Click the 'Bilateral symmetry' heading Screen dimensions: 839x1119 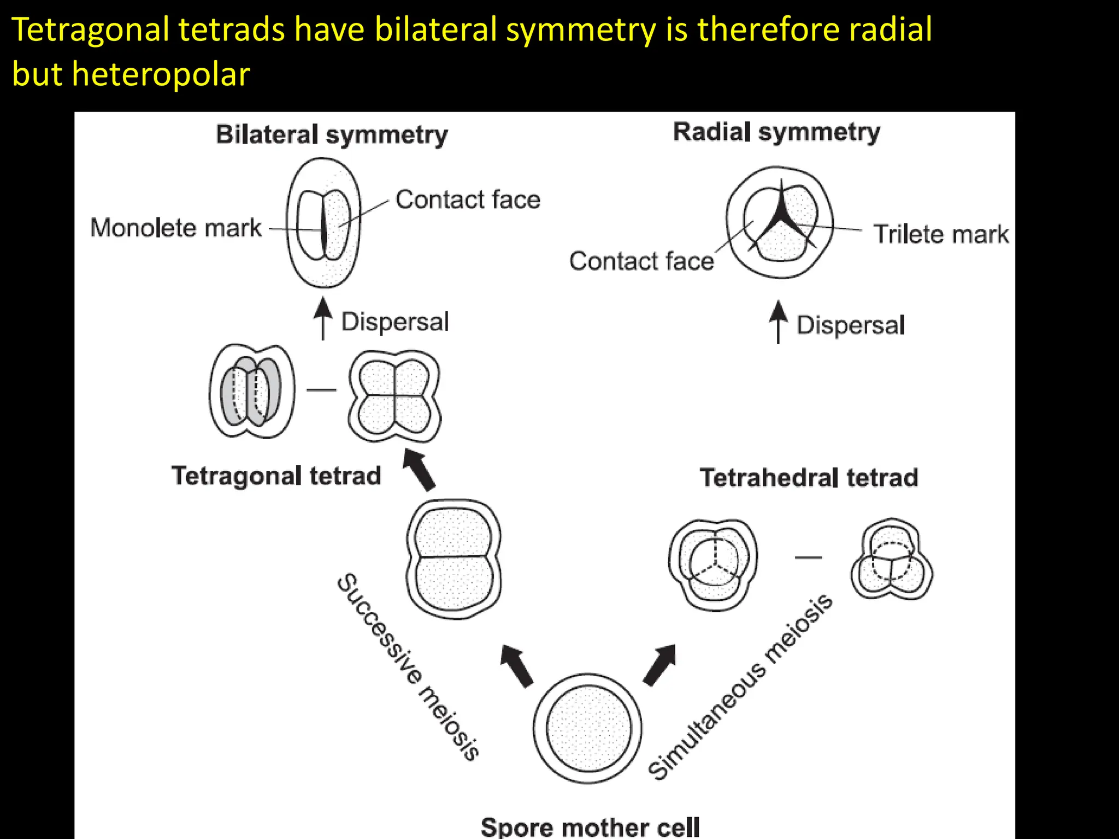(x=332, y=135)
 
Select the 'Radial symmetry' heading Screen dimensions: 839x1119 (x=776, y=132)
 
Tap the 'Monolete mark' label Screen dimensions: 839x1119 (x=176, y=228)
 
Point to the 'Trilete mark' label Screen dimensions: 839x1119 (x=941, y=234)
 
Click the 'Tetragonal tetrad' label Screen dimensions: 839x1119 (x=276, y=476)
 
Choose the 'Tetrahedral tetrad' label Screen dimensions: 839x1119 (x=809, y=477)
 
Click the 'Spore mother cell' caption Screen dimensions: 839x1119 (x=590, y=826)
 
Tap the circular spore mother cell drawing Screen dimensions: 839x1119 (x=588, y=729)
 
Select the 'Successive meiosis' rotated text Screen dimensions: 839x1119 (x=408, y=666)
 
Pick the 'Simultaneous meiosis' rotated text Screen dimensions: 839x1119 (x=740, y=687)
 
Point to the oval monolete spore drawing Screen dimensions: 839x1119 (x=324, y=223)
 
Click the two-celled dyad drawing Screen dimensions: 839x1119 (x=454, y=558)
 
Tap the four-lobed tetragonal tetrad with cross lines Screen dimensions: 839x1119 (x=394, y=396)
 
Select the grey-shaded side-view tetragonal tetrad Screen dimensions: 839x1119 (x=252, y=391)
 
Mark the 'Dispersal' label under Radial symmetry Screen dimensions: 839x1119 (x=851, y=326)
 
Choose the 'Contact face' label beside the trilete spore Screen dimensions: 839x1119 (x=641, y=261)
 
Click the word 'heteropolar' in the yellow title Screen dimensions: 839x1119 (x=161, y=74)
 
